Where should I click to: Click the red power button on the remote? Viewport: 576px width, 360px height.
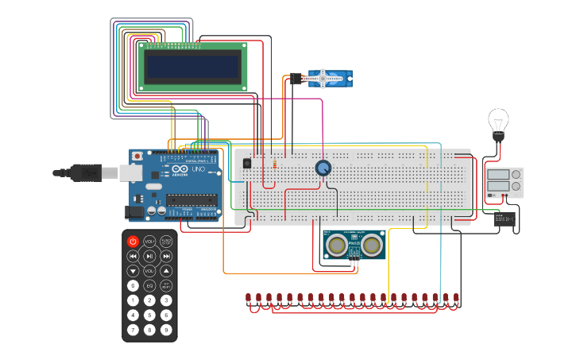[x=133, y=241]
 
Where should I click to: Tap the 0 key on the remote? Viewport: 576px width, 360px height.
[x=133, y=285]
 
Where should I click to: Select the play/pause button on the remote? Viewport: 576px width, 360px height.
[x=149, y=256]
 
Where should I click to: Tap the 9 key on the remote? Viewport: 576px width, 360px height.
[x=166, y=329]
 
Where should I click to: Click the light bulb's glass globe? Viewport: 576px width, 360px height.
[x=497, y=122]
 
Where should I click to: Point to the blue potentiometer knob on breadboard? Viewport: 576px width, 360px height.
[x=323, y=168]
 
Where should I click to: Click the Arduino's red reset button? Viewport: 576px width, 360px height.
[x=137, y=156]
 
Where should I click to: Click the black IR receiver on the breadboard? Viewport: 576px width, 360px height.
[x=246, y=164]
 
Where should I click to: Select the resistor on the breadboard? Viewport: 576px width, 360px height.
[x=274, y=165]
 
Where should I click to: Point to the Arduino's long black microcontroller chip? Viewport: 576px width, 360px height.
[x=191, y=199]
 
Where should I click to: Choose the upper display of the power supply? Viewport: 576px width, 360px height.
[x=498, y=175]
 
